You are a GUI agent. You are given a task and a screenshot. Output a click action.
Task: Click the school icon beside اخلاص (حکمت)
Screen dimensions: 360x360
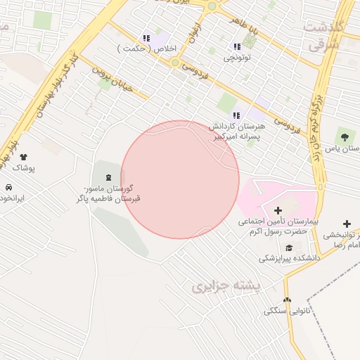[146, 39]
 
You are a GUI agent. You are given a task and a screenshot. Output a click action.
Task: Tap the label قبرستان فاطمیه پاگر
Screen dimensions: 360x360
[108, 199]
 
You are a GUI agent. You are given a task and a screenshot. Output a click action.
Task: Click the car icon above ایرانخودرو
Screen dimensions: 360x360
[8, 188]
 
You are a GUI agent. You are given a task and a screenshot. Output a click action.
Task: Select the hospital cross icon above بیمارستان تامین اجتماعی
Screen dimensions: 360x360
[278, 210]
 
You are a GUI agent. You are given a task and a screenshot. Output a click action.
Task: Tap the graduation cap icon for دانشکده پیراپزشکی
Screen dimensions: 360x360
[289, 247]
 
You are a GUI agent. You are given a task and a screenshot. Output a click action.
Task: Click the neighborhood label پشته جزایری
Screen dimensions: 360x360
[226, 286]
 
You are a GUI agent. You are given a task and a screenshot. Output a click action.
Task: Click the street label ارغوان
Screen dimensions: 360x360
[196, 32]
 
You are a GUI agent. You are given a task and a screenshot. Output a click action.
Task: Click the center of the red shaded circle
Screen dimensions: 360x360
[180, 179]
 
